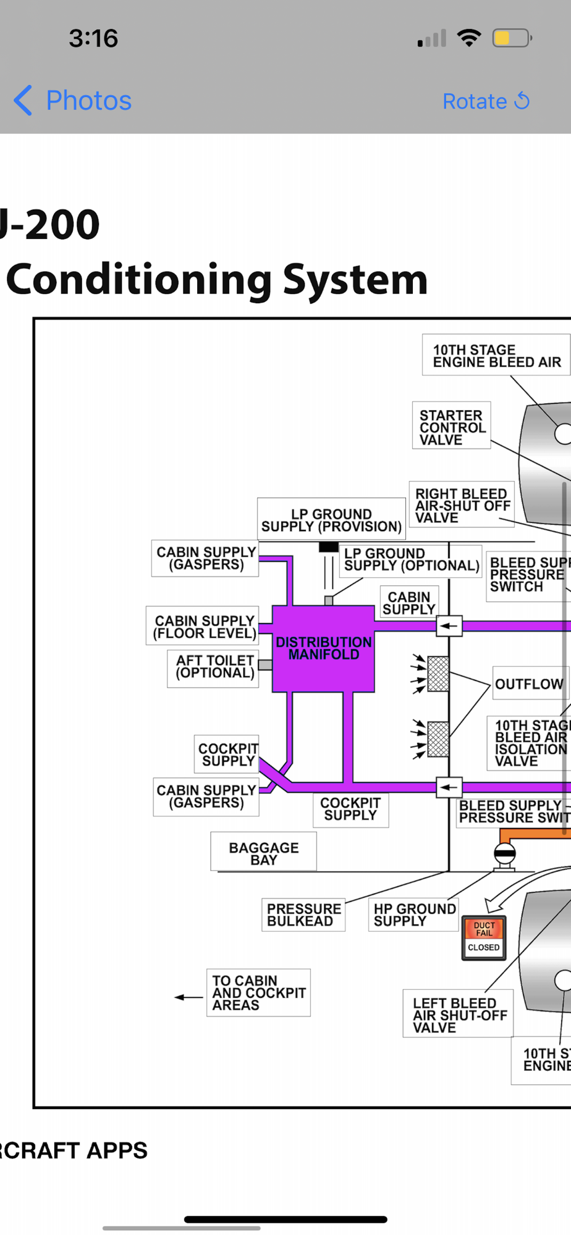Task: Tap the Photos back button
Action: pyautogui.click(x=73, y=101)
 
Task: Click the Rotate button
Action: pyautogui.click(x=486, y=101)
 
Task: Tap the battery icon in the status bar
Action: pyautogui.click(x=511, y=38)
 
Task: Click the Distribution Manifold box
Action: pyautogui.click(x=323, y=648)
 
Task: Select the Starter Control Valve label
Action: pyautogui.click(x=452, y=427)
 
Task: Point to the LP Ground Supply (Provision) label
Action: pyautogui.click(x=331, y=520)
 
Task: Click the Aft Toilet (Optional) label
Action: pyautogui.click(x=214, y=667)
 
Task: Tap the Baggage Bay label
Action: pyautogui.click(x=264, y=853)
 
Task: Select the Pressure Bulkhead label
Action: pyautogui.click(x=303, y=915)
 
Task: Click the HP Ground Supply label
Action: pyautogui.click(x=415, y=915)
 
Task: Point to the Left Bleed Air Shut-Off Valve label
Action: pyautogui.click(x=459, y=1015)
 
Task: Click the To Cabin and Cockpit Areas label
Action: pyautogui.click(x=258, y=992)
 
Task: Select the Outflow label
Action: pyautogui.click(x=529, y=684)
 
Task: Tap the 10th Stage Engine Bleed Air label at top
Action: pyautogui.click(x=496, y=356)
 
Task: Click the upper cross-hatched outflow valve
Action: pyautogui.click(x=438, y=674)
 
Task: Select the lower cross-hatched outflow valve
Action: pyautogui.click(x=438, y=739)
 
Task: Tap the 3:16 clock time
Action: pyautogui.click(x=93, y=38)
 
